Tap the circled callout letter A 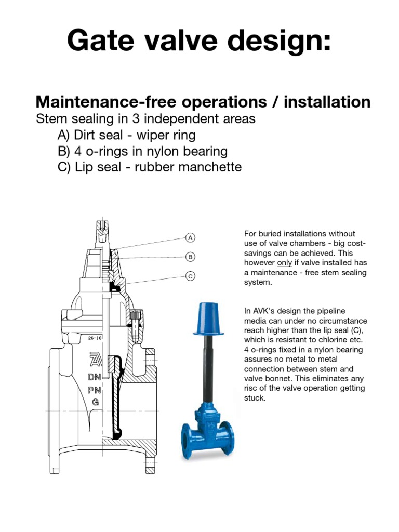(190, 238)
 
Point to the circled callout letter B (190, 257)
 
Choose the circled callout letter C (190, 276)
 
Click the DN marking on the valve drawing (95, 377)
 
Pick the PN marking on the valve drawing (95, 389)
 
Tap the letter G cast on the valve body (95, 402)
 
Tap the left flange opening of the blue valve (186, 436)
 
